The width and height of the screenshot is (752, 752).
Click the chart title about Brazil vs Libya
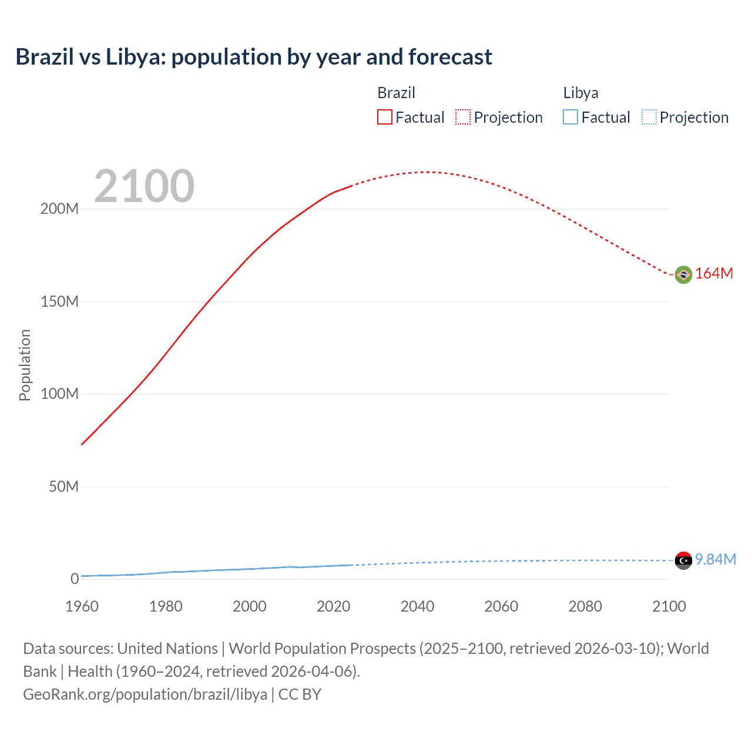point(254,57)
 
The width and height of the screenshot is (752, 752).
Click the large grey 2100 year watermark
point(144,186)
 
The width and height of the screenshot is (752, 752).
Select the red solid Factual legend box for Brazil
point(384,117)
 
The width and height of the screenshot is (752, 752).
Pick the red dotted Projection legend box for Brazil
point(463,117)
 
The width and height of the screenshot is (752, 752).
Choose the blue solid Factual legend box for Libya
point(570,117)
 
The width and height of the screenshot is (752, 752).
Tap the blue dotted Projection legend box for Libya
point(649,117)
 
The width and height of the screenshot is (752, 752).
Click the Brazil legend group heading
point(396,93)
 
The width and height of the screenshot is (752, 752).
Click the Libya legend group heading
point(580,93)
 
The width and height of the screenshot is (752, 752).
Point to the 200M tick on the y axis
point(59,209)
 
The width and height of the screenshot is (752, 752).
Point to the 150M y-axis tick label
point(59,302)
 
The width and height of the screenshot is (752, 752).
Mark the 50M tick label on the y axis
point(63,487)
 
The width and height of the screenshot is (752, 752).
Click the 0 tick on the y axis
point(75,579)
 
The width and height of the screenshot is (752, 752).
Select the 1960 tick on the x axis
point(82,606)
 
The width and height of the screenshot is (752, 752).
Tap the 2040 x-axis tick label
point(417,606)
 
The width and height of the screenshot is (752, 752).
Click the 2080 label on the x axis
point(585,606)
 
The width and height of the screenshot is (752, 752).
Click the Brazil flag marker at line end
point(683,274)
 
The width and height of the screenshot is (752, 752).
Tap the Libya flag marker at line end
point(683,560)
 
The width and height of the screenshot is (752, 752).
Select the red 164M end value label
point(714,274)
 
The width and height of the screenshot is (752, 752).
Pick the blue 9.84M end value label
point(716,560)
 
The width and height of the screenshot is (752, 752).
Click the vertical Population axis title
point(25,365)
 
